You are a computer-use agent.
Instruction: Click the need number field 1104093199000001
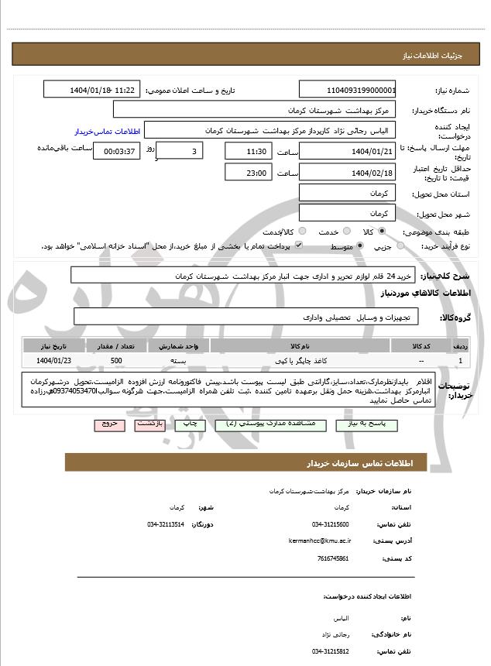[x=347, y=90]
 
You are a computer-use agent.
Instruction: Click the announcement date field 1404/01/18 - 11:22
[x=92, y=90]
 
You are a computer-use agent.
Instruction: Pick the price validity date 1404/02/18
[x=347, y=172]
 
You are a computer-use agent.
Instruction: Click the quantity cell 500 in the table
[x=116, y=361]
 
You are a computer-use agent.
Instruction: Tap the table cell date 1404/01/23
[x=53, y=361]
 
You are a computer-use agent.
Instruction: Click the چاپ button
[x=187, y=424]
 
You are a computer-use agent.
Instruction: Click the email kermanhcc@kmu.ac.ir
[x=319, y=541]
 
